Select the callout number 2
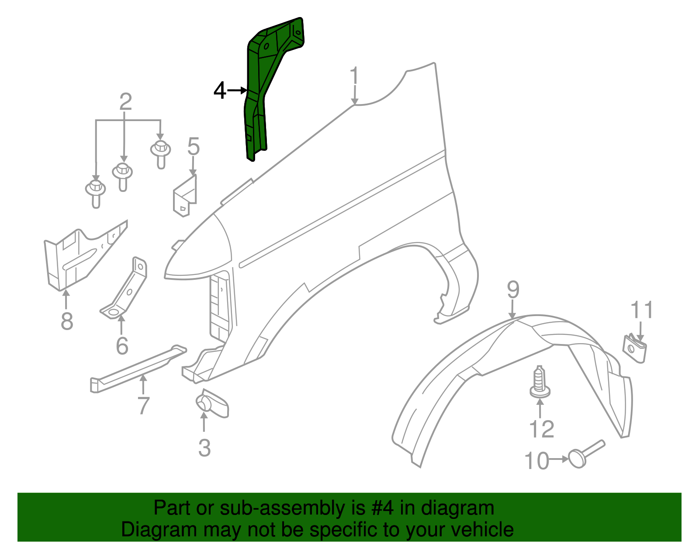(125, 102)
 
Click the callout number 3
(204, 448)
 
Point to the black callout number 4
(220, 91)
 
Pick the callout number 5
(193, 146)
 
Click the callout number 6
(122, 346)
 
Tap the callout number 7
(143, 406)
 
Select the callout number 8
(67, 321)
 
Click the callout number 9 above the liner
(513, 290)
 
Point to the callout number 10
(536, 461)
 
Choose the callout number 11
(642, 310)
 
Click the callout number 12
(542, 429)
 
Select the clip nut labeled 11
(633, 348)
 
